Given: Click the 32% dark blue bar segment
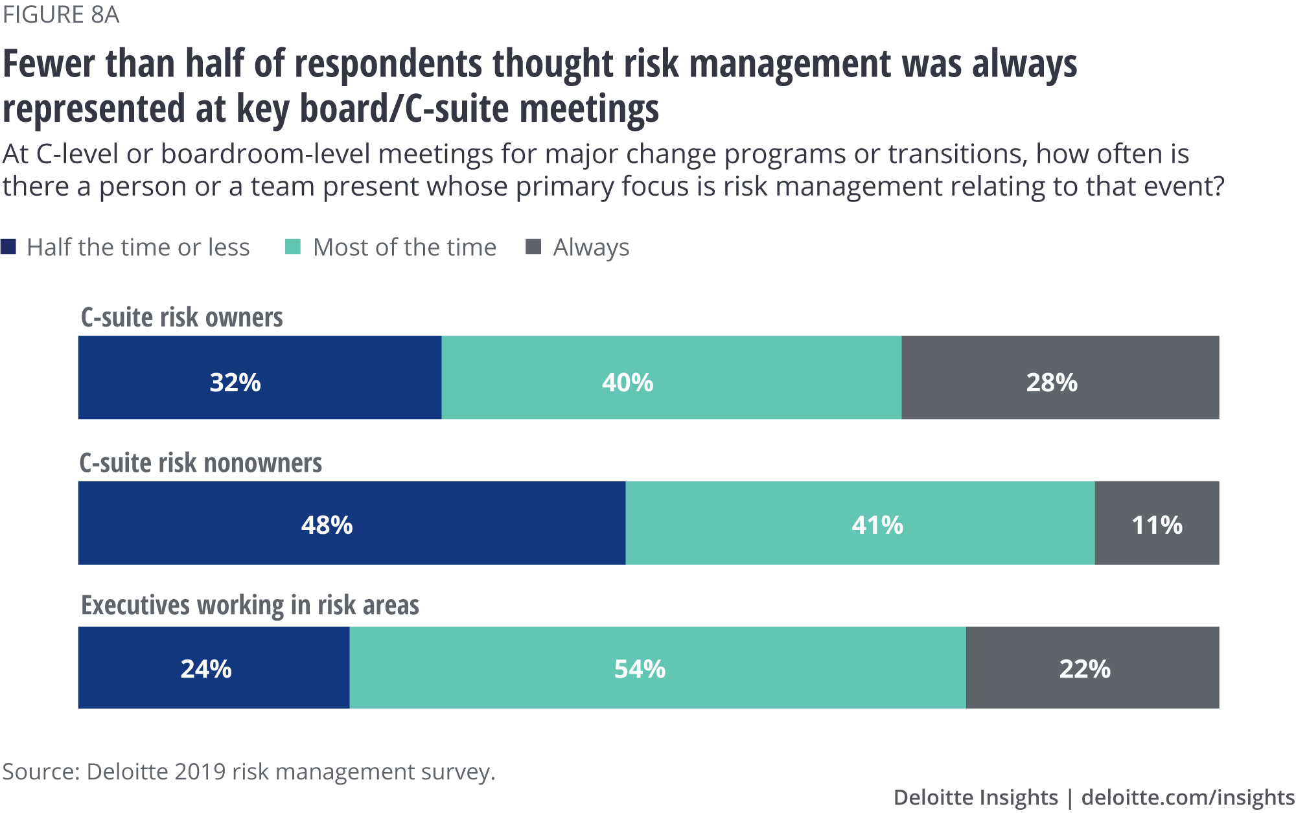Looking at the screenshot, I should pos(260,378).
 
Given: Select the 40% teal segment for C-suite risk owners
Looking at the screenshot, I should pos(671,378).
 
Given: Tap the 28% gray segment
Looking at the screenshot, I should pos(1060,378).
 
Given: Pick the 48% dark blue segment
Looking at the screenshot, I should pos(352,523).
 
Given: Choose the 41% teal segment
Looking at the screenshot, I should pos(860,523).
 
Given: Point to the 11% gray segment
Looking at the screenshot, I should pos(1157,523).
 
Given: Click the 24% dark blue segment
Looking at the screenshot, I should pos(214,667).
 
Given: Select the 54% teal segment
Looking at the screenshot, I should pos(658,667).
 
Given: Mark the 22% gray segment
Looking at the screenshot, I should pos(1093,667).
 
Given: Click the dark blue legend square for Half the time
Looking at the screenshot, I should pos(8,247).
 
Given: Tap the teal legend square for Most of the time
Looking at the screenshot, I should pos(293,247).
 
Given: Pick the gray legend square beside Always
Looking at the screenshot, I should pos(533,247).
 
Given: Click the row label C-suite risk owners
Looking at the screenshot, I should pos(182,317).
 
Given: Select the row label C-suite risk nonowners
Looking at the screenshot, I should pos(201,463).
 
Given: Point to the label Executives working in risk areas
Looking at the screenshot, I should pos(250,605).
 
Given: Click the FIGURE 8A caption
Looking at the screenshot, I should pos(61,14).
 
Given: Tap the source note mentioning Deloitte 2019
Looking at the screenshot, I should pos(249,772).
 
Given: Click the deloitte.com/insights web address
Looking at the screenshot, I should pos(1188,797).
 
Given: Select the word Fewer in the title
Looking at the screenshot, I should pos(49,65).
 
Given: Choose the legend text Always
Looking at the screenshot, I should pos(591,247).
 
